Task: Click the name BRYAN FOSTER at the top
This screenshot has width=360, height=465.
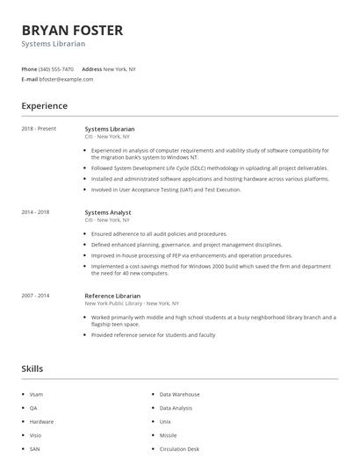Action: (72, 30)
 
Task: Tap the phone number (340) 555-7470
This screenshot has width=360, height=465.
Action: (57, 68)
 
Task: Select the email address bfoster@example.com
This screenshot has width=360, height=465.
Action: (66, 79)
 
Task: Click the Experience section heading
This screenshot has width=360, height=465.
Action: (44, 106)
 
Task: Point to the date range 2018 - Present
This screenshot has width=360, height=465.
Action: (39, 129)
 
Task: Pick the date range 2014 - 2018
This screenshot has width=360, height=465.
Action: (35, 211)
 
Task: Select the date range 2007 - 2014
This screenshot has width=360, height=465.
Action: (35, 296)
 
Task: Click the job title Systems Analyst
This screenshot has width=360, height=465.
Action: (107, 211)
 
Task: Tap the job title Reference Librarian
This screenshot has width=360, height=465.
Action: (112, 296)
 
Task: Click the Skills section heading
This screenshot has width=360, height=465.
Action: (32, 368)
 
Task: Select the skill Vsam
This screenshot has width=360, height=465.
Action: (36, 395)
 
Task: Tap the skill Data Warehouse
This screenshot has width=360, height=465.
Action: (179, 395)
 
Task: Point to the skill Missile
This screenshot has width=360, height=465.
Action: (168, 435)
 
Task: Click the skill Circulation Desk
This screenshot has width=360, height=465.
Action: (179, 448)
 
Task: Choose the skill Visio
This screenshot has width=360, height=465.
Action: (35, 435)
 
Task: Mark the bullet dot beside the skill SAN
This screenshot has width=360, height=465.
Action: (22, 448)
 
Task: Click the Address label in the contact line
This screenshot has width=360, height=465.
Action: (91, 68)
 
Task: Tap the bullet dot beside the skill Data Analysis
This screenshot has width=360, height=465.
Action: (152, 408)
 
